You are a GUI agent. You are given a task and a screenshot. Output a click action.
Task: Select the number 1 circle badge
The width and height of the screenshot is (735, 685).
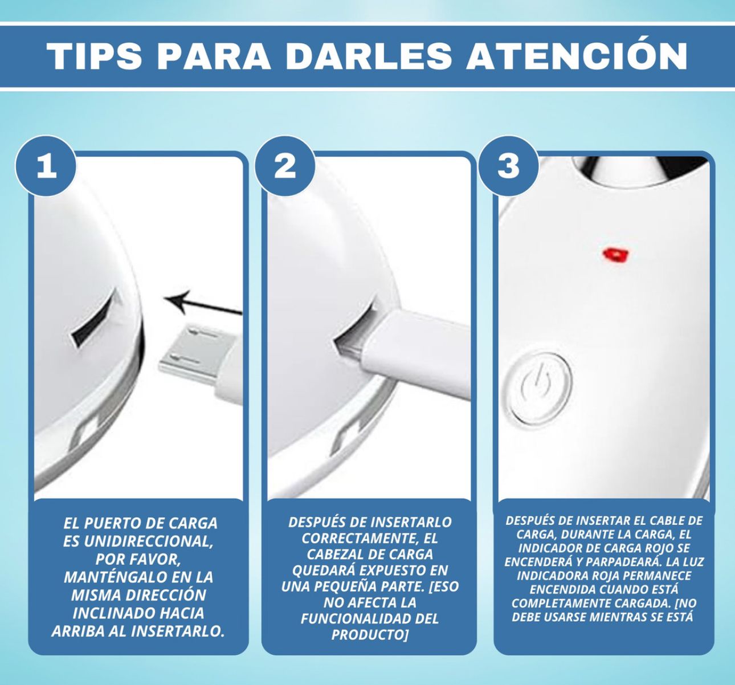point(46,166)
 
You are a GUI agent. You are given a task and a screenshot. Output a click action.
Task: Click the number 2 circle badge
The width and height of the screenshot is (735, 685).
point(285,166)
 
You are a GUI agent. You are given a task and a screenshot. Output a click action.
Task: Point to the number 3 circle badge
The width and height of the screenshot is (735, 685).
point(509,166)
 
